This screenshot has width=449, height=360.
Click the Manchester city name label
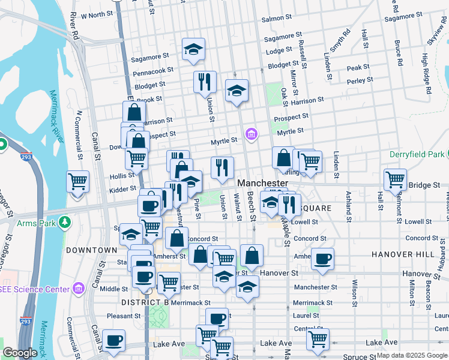[263, 182]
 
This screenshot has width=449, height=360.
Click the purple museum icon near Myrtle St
[252, 134]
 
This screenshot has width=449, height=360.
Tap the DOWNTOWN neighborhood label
[91, 250]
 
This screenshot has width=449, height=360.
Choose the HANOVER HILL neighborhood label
[402, 254]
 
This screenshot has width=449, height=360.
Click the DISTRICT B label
[143, 302]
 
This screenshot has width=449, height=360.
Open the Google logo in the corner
[20, 353]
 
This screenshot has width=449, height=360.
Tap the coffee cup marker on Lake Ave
[113, 340]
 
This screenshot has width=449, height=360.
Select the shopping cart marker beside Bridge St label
[395, 179]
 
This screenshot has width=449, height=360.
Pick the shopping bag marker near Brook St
[134, 112]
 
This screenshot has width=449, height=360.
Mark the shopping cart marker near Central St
[317, 339]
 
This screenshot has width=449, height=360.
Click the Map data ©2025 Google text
[412, 355]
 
